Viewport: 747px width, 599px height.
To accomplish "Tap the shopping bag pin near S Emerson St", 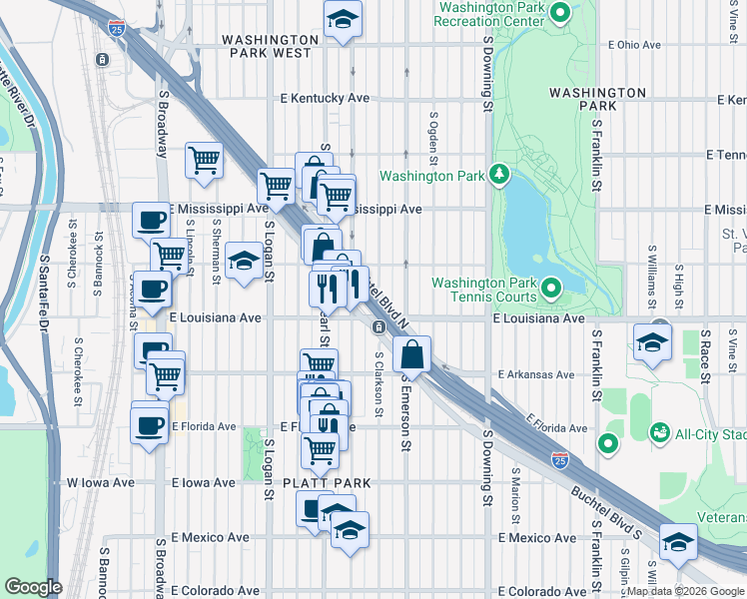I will click(411, 354).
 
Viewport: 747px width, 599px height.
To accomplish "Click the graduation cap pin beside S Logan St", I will click(243, 262).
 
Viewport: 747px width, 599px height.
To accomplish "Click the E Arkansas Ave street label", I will click(536, 374).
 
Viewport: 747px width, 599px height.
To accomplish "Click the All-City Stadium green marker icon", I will click(659, 431).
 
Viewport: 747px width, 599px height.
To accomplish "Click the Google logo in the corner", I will click(33, 587).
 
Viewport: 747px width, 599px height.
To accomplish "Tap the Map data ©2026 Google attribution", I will click(685, 591).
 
